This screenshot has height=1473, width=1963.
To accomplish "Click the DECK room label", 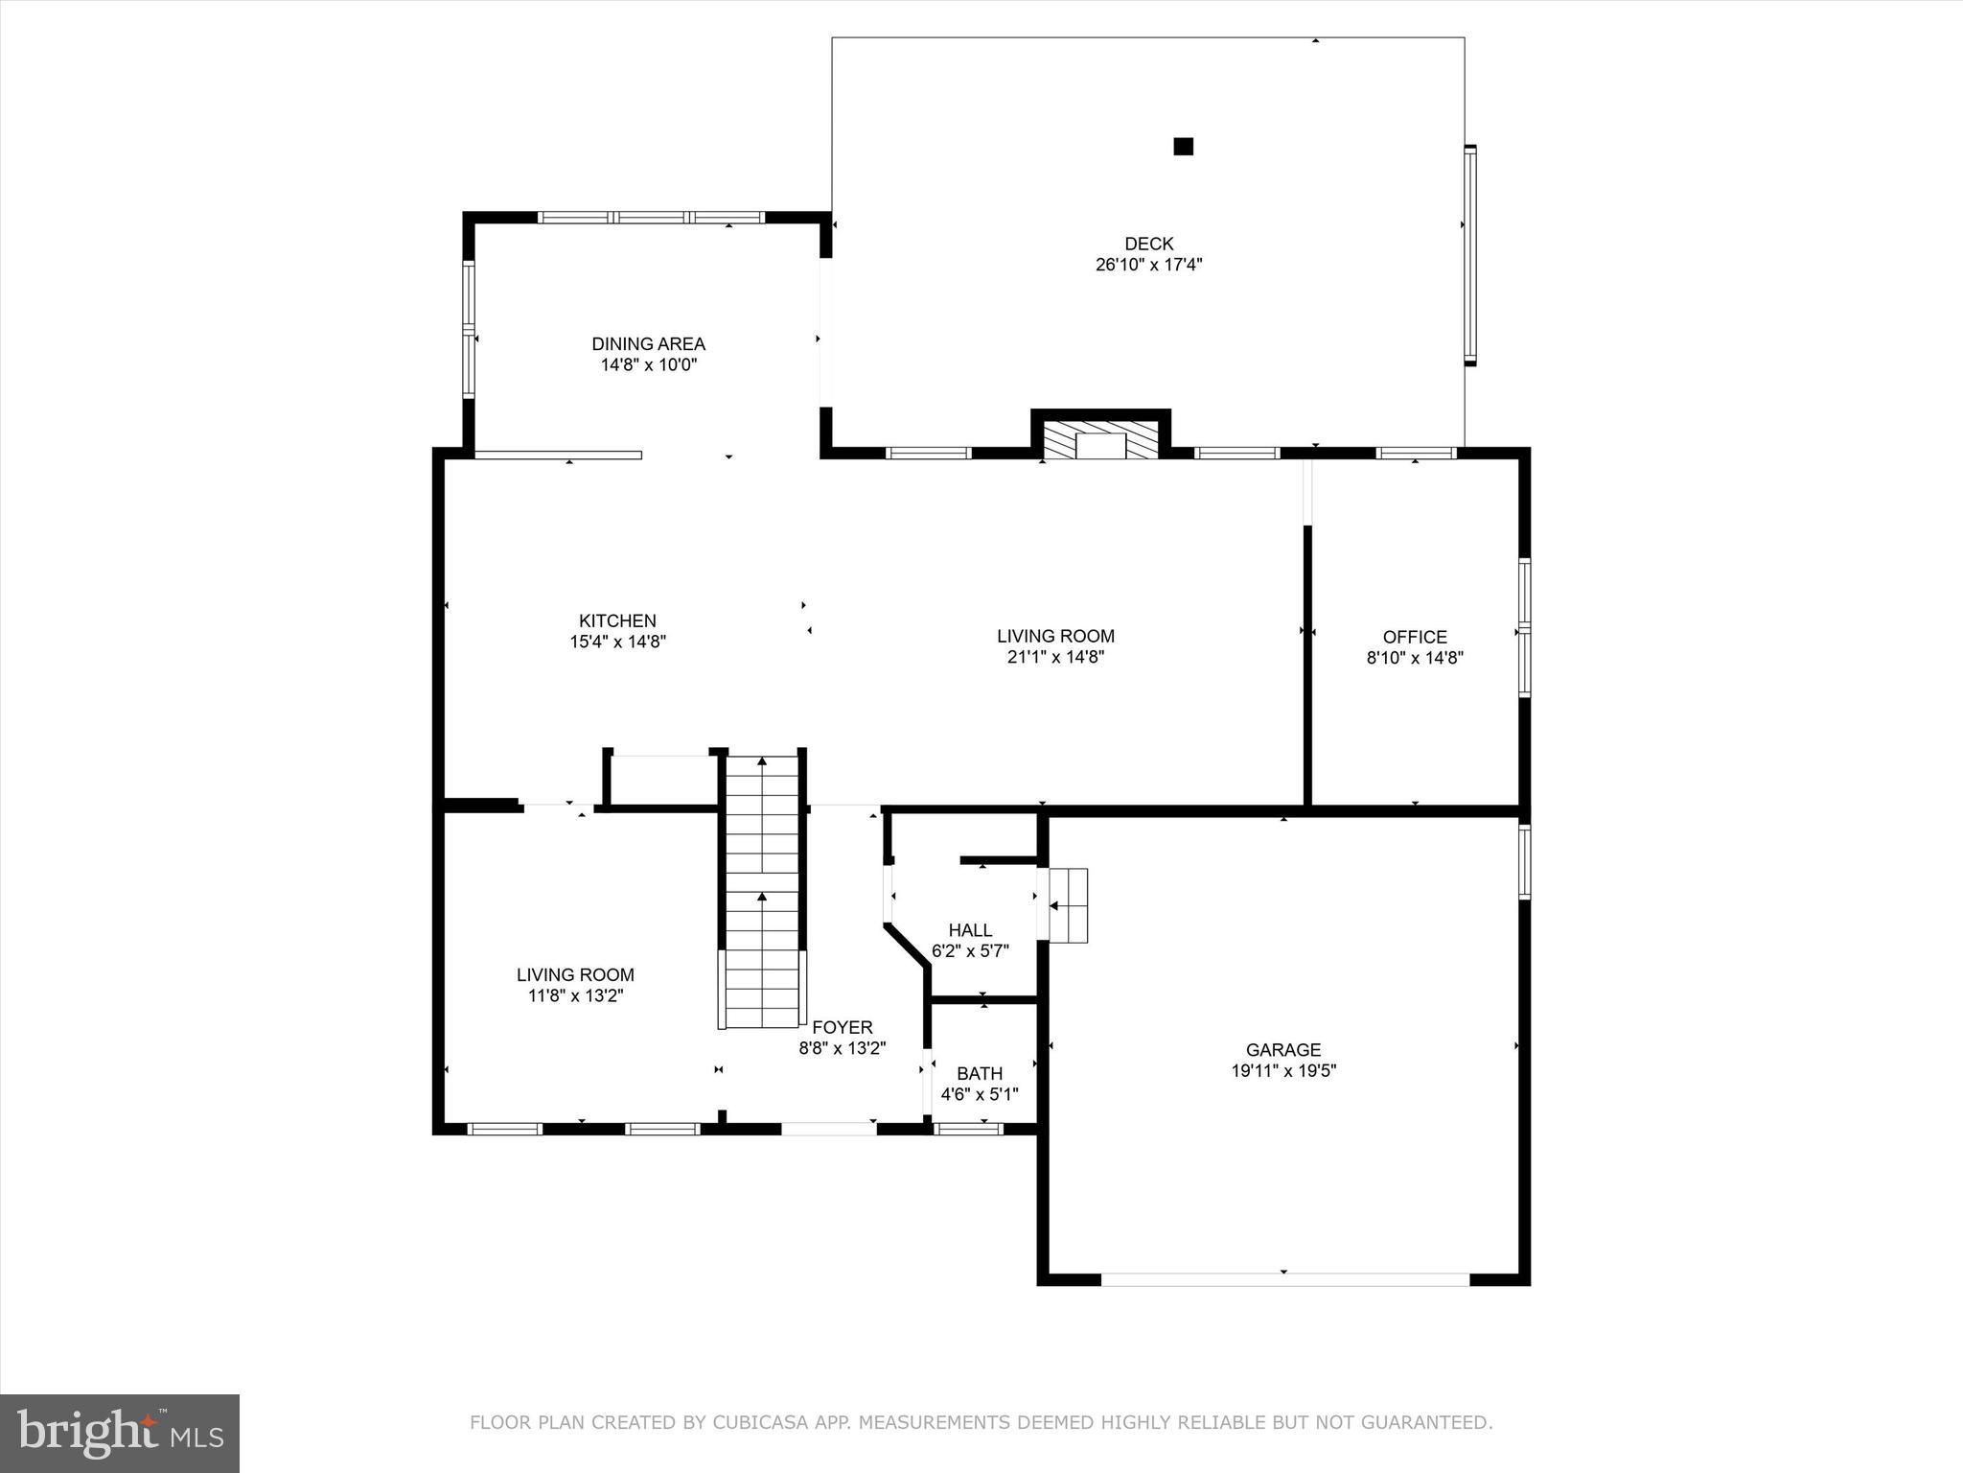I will pos(1148,244).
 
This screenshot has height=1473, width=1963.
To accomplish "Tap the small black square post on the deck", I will pos(1183,147).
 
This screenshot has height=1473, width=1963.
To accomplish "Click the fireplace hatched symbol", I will pos(1100,441).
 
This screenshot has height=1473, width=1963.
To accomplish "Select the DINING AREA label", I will pos(648,343).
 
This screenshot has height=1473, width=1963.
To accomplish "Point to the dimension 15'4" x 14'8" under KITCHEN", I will pos(617,642).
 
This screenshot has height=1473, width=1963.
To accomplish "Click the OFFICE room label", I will pos(1414,637).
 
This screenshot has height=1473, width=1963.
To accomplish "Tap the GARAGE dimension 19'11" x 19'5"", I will pos(1283,1070).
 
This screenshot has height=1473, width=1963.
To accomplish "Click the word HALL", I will pos(970,930).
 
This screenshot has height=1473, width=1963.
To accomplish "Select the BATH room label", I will pos(979,1073).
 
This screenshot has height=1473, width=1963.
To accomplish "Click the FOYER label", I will pos(842,1027).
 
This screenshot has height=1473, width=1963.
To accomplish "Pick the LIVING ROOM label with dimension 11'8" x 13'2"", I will pos(575,974).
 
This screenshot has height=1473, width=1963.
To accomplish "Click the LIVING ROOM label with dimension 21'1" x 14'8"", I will pos(1055,636).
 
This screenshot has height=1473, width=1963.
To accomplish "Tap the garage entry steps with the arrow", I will pos(1068,905).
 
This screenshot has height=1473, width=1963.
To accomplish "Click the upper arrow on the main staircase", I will pos(762,762).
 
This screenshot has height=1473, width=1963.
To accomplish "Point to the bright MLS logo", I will pos(120,1433).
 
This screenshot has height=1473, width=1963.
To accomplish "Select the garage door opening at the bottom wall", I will pos(1284,1278).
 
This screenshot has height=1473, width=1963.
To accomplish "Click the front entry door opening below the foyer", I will pos(828,1129).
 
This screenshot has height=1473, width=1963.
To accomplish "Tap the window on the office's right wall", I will pos(1524,628).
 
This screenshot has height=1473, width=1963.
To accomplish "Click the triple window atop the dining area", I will pos(651,218).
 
